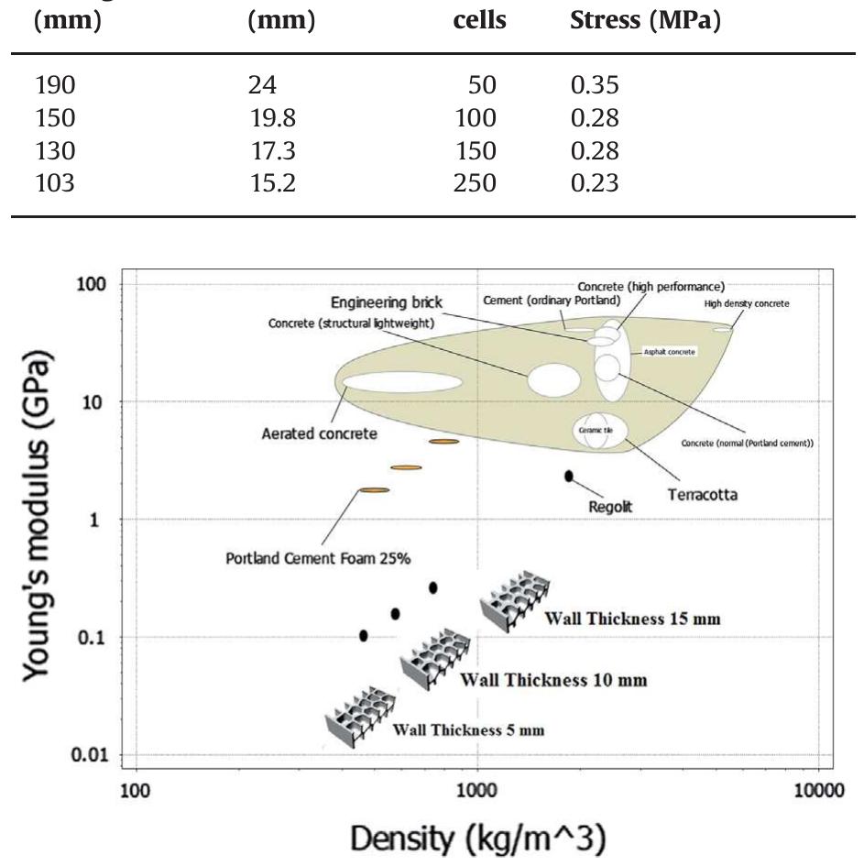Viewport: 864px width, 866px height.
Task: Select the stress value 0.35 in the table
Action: point(594,86)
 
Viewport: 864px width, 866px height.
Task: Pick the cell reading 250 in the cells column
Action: point(476,182)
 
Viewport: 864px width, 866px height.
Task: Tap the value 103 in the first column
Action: point(55,182)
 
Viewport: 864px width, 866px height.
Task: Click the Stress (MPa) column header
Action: point(640,19)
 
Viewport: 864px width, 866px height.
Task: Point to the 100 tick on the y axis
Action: point(93,284)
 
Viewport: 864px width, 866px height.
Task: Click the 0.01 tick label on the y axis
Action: point(88,755)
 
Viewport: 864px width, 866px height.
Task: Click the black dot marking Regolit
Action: point(569,476)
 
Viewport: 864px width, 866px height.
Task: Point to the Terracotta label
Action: point(703,495)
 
